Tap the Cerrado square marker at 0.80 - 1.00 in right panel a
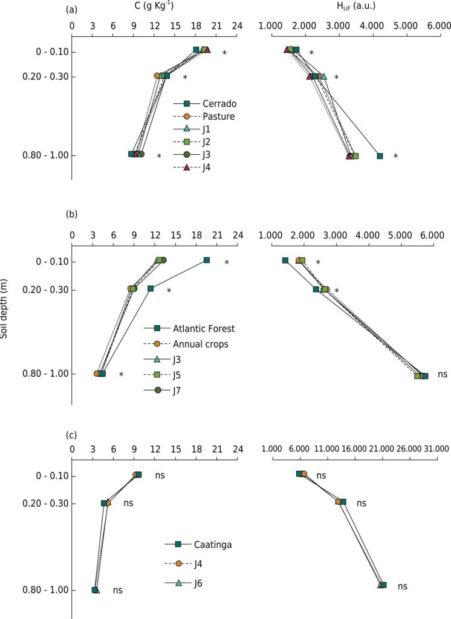380,156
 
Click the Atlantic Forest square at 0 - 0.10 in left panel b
207,260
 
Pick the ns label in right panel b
443,375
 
